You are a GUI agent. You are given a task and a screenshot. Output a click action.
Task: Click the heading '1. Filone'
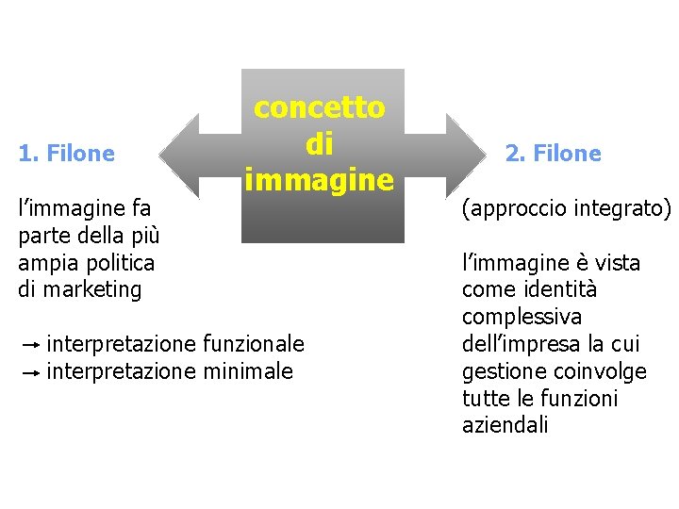click(66, 153)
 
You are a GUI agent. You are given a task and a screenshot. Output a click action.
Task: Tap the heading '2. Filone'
click(554, 153)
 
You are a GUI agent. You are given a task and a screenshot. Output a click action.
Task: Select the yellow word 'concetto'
click(320, 107)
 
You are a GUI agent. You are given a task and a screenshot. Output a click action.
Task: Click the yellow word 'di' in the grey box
click(320, 143)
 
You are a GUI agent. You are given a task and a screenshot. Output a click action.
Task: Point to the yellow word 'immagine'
click(319, 178)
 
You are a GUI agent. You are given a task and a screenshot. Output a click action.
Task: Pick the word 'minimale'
click(248, 371)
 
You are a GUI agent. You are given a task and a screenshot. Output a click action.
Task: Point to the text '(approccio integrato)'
click(566, 208)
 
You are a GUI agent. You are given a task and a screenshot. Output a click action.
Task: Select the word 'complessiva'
click(522, 317)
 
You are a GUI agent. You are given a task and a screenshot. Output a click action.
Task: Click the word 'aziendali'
click(505, 425)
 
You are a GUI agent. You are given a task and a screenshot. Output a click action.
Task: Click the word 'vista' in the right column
click(617, 263)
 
